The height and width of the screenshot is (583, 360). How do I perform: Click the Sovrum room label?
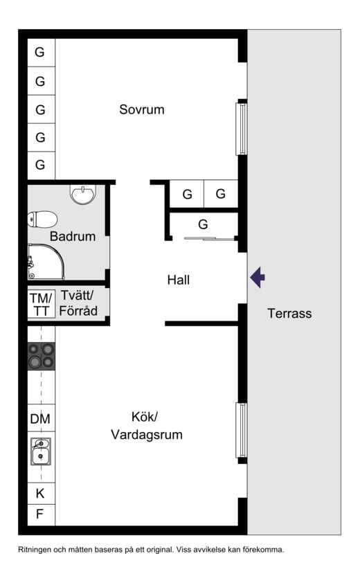pos(142,109)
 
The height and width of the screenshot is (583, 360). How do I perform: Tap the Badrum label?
pos(73,236)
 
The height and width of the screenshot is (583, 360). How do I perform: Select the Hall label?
pos(178,280)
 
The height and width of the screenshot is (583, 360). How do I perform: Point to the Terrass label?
pos(289,313)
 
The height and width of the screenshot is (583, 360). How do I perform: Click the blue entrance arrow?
pos(258,277)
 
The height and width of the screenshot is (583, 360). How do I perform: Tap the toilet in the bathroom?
pos(42,219)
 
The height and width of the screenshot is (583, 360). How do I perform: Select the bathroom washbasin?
pos(83,194)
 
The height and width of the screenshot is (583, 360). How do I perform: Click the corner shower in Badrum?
pos(46,262)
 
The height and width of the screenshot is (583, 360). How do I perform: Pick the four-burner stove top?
pos(42,356)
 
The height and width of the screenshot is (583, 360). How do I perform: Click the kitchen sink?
pos(41,451)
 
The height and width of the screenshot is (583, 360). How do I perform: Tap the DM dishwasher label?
pos(40,419)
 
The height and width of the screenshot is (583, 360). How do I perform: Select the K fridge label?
pos(39,494)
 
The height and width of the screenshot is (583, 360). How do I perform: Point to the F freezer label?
pos(39,514)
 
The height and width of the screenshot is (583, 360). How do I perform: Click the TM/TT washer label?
pos(41,304)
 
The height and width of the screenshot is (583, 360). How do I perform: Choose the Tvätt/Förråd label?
pos(78,303)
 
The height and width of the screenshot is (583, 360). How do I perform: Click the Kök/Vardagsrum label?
pos(147,425)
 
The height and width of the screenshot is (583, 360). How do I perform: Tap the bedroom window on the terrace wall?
pos(242,129)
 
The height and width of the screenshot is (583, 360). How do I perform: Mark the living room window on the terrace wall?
pos(242,430)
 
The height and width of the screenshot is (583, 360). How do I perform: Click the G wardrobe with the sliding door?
pos(203,224)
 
